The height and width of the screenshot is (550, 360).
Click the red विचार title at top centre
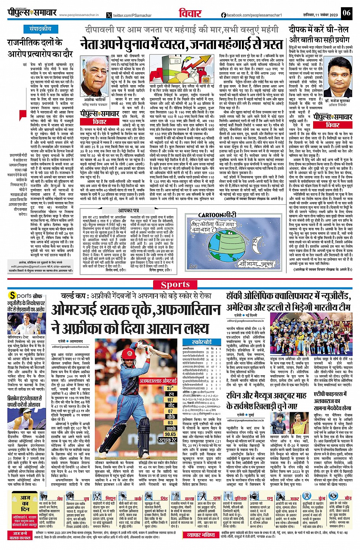[x=190, y=13]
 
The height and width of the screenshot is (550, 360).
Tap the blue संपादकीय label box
[x=40, y=29]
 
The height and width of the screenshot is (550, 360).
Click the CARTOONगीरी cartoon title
[x=217, y=215]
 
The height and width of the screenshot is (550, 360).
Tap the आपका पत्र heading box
[x=128, y=210]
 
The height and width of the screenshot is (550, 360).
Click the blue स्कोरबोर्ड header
[x=202, y=342]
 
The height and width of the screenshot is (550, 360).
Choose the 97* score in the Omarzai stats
[x=170, y=389]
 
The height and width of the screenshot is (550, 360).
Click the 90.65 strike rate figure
[x=170, y=434]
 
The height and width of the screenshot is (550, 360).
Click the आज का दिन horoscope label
[x=25, y=504]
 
